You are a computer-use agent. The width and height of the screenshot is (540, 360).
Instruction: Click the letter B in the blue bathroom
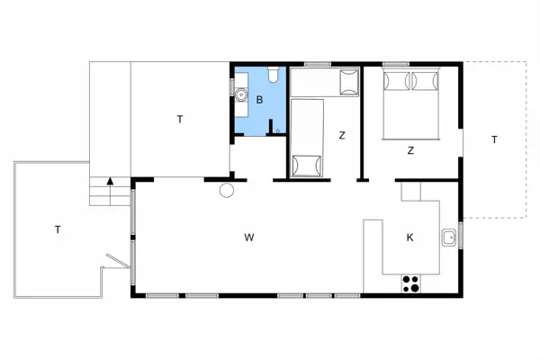point(259,100)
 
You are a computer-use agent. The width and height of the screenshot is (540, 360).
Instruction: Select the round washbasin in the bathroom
point(240,92)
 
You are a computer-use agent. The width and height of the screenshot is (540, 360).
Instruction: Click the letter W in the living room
point(248,238)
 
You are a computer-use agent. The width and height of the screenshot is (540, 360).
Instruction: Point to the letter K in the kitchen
point(409,238)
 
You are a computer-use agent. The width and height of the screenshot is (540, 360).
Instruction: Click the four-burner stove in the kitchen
point(411,283)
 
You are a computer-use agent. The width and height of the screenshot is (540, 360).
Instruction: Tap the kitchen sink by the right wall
point(447,238)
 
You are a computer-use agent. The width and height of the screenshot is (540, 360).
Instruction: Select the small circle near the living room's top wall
point(227,190)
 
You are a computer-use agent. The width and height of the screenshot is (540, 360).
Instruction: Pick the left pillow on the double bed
point(397,82)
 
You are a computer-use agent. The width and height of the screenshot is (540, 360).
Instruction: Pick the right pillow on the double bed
point(425,82)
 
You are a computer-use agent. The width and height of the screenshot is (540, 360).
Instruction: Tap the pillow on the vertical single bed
point(307,166)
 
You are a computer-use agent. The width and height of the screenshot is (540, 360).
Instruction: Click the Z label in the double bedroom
point(410,150)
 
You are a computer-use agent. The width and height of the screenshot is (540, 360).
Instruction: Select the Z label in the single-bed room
point(342,136)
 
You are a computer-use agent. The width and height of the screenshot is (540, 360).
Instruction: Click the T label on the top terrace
point(180,118)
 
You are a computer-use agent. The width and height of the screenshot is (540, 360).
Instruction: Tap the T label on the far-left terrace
point(57,229)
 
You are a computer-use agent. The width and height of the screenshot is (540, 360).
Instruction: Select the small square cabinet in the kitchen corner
point(410,192)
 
